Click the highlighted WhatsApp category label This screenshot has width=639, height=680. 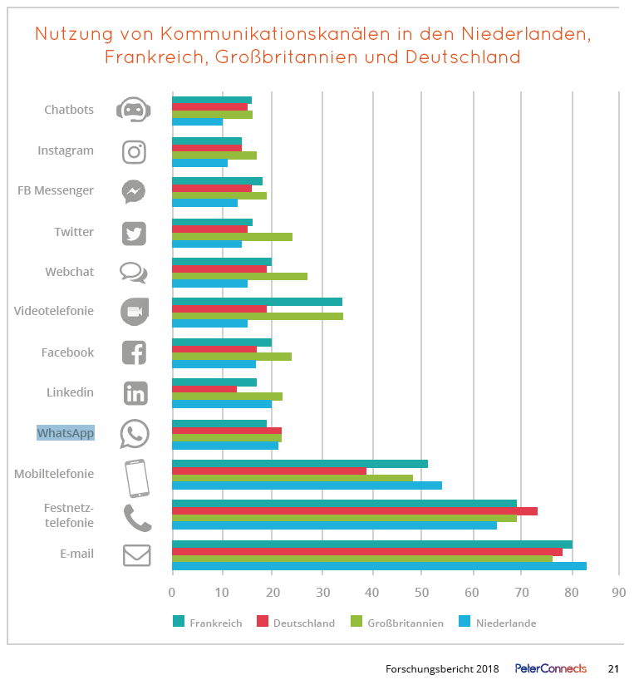coord(66,433)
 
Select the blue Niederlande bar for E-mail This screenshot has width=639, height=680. coord(379,567)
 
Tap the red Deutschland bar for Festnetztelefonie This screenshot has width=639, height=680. coord(354,510)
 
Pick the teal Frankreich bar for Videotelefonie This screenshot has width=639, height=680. coord(257,302)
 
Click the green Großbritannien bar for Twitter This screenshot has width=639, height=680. coord(232,237)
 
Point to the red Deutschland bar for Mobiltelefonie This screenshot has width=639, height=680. coord(269,471)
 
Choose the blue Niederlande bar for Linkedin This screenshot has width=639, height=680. coord(222,405)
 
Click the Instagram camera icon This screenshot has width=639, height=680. coord(134,151)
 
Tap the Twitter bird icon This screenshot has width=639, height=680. coord(134,233)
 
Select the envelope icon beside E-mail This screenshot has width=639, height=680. coord(137,555)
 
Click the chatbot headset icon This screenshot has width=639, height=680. coord(133,110)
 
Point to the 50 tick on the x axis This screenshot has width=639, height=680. coord(422,593)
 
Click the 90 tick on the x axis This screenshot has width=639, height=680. coord(617,593)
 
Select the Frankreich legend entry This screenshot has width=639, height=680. coord(207,623)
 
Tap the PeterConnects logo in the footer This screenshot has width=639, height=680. coord(550,668)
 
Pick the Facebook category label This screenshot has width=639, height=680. coord(67,352)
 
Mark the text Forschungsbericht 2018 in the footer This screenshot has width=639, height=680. coord(441,668)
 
